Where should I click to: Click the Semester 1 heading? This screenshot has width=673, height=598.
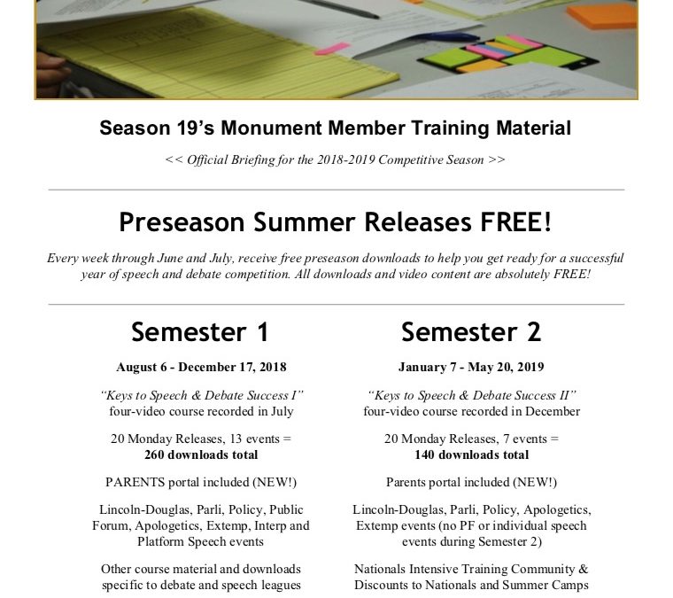point(199,332)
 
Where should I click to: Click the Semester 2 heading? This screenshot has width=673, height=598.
point(470,332)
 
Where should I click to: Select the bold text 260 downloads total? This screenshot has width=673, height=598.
point(201,454)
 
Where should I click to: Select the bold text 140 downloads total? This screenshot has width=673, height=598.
point(471,454)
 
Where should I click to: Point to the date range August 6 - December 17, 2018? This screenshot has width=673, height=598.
point(201,367)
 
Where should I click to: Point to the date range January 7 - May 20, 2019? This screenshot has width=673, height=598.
point(471,367)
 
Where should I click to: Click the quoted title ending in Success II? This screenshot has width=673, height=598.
point(471,395)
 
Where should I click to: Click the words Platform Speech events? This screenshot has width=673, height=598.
point(201,540)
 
